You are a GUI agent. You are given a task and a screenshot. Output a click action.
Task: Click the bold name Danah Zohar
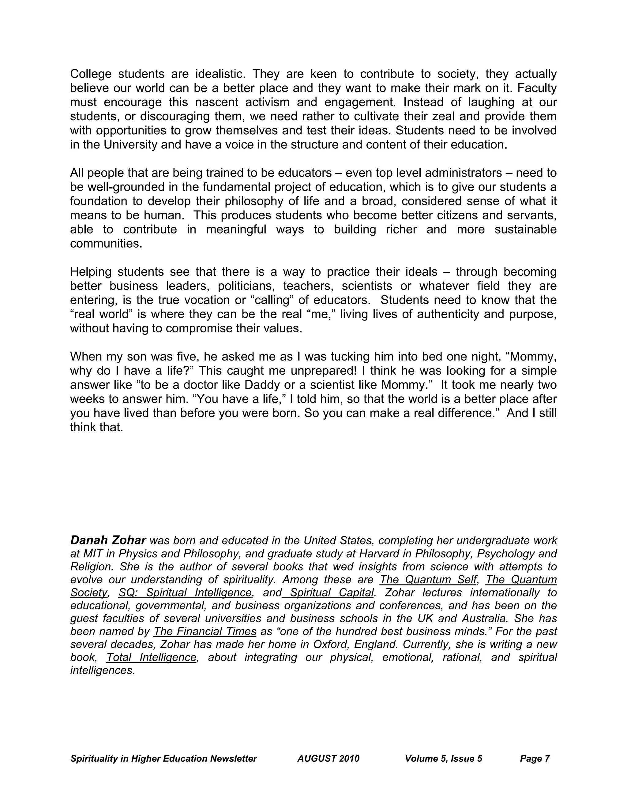[x=108, y=540]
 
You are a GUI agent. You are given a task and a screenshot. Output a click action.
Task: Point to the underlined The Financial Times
[x=205, y=631]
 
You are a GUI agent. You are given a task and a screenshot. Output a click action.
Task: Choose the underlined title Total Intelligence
[x=151, y=657]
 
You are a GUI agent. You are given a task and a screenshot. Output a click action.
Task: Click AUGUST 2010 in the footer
[x=329, y=758]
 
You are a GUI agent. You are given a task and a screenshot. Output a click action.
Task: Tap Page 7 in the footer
[x=535, y=758]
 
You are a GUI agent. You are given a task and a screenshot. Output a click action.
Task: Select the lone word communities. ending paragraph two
[x=106, y=244]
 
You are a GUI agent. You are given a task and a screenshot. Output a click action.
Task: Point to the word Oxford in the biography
[x=329, y=644]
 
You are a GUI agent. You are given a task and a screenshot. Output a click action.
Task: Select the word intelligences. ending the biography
[x=102, y=670]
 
